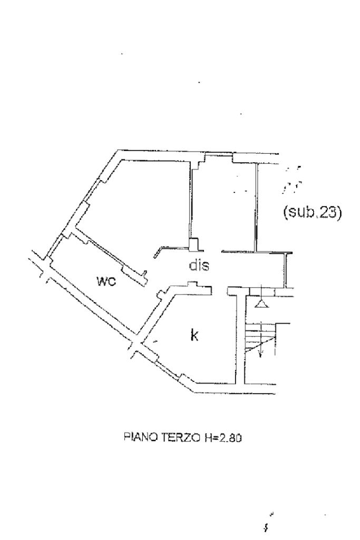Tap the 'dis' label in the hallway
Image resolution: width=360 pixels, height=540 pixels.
(199, 266)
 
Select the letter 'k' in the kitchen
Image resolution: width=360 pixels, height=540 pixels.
(194, 335)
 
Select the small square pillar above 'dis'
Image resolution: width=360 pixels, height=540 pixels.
(194, 244)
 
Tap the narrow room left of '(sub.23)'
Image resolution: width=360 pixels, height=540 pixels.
(224, 203)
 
